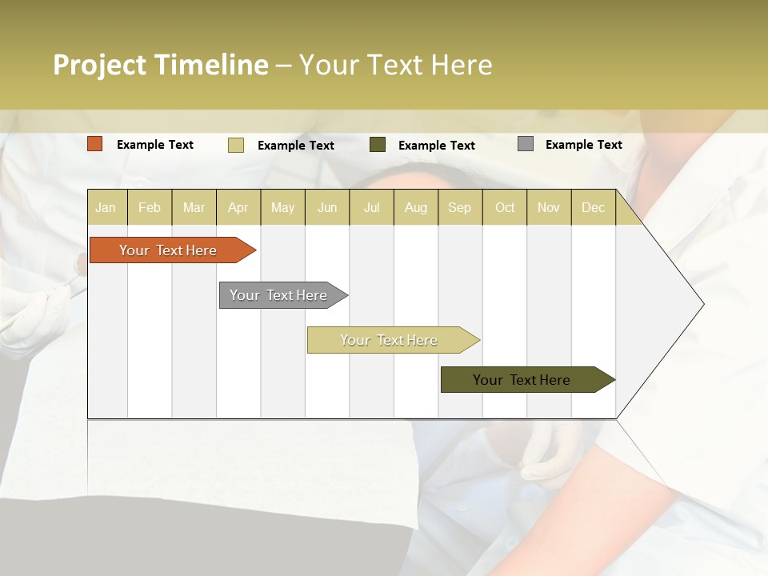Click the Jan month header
[106, 207]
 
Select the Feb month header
[150, 207]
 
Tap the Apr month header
[238, 207]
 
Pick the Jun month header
[327, 207]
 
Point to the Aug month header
[415, 207]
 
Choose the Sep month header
[459, 207]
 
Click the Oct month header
[505, 207]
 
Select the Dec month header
[593, 207]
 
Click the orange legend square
[95, 144]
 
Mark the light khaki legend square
[236, 145]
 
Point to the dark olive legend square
[378, 145]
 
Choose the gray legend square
[526, 144]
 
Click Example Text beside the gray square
[583, 145]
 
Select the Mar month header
[194, 207]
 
